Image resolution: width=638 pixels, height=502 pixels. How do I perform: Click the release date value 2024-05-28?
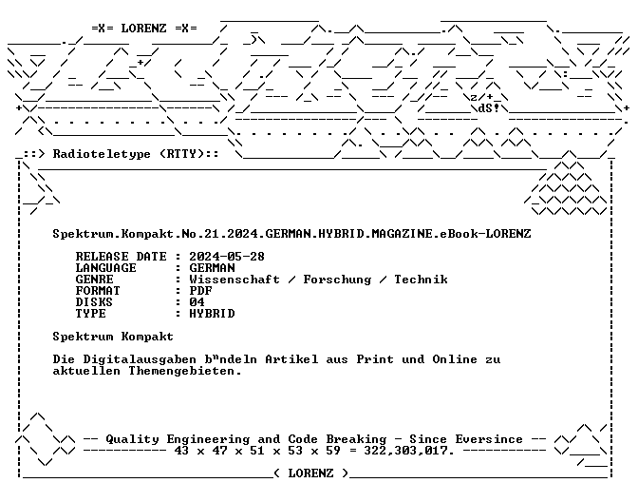[x=227, y=257]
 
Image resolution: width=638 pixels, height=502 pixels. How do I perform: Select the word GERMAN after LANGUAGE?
[x=212, y=268]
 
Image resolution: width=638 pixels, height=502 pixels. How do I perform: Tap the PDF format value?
[x=200, y=291]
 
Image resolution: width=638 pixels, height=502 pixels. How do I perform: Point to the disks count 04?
[x=197, y=302]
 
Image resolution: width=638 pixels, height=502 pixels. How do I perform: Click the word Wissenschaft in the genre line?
[x=235, y=280]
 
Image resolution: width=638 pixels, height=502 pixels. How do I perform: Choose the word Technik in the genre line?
[x=422, y=280]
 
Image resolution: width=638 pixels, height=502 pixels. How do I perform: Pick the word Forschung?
[x=337, y=280]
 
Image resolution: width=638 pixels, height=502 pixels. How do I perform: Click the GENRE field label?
[x=94, y=280]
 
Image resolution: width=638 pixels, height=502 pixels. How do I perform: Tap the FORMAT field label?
[x=98, y=291]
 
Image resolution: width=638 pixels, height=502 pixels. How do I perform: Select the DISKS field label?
[x=94, y=302]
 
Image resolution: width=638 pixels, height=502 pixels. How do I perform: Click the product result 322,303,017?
[x=408, y=451]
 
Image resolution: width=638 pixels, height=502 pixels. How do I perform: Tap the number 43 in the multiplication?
[x=182, y=451]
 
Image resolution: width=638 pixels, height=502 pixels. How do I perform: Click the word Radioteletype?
[x=102, y=154]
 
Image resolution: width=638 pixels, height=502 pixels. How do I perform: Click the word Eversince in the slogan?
[x=489, y=439]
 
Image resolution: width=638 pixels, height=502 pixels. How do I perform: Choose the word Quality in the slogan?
[x=132, y=439]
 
